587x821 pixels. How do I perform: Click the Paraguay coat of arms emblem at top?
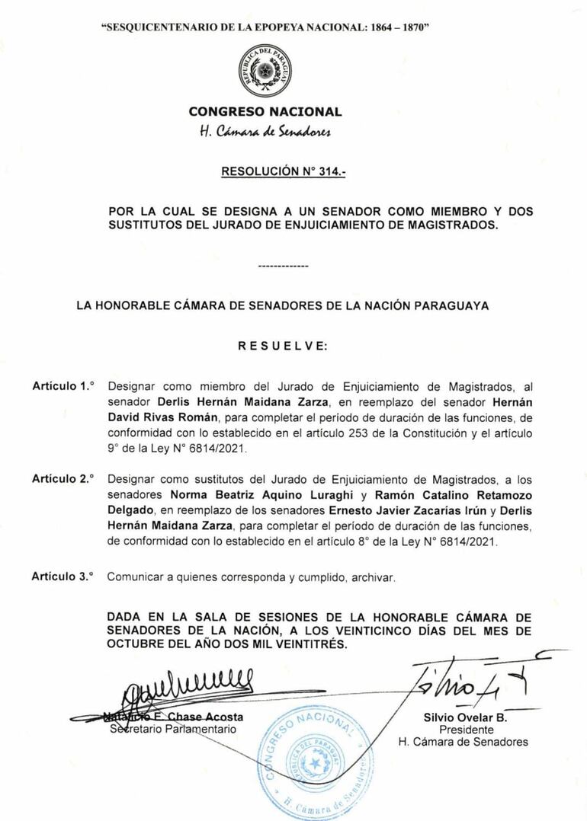point(265,71)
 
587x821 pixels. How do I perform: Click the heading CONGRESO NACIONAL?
point(265,112)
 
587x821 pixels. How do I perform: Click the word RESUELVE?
point(283,345)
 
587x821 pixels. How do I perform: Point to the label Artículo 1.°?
point(63,386)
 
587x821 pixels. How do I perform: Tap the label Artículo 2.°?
point(63,479)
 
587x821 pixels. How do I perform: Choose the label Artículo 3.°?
point(63,577)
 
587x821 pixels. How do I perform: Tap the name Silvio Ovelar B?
point(465,717)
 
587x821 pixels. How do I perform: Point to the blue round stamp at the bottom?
point(314,761)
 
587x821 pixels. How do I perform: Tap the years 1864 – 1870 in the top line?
point(395,27)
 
